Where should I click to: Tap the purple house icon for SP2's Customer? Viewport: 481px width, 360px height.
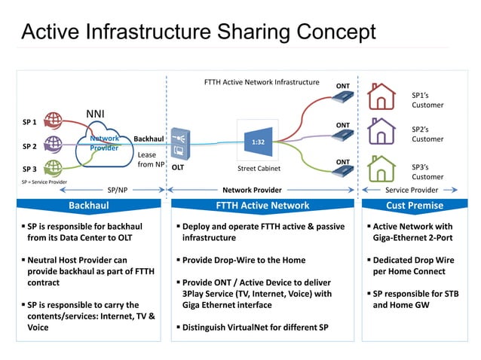381,132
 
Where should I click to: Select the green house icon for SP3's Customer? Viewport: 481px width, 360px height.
381,167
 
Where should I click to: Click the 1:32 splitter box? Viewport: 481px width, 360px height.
257,140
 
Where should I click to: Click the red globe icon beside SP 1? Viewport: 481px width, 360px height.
53,120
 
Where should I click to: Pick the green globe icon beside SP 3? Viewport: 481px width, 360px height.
53,167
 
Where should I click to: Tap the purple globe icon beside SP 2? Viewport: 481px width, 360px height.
53,144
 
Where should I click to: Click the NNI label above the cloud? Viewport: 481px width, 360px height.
96,114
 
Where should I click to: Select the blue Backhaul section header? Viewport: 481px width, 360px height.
89,205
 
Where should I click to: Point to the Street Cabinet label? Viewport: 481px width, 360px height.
258,169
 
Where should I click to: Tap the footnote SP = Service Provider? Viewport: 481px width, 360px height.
44,182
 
